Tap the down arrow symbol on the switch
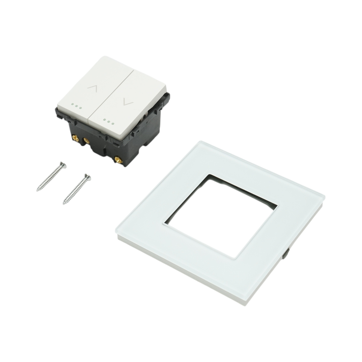128,102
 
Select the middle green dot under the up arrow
77,106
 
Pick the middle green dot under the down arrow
108,122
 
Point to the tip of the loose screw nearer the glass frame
64,204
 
